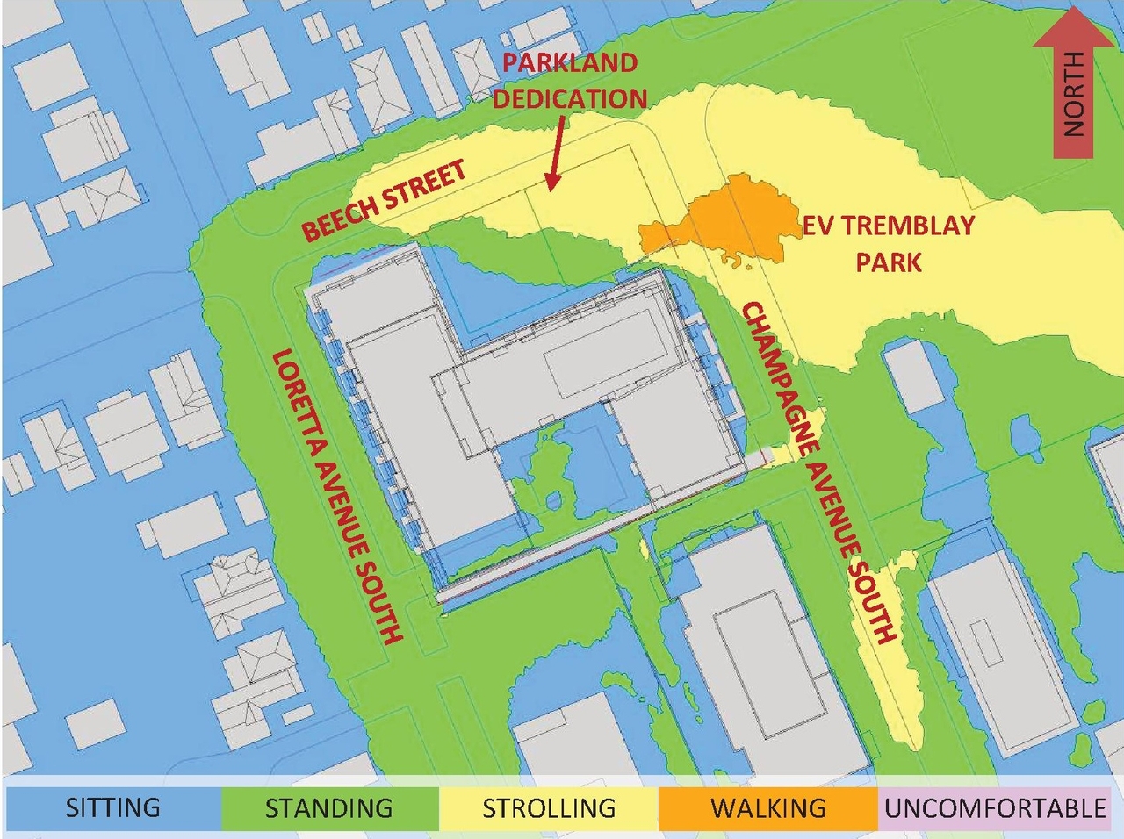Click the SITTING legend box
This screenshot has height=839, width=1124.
[x=112, y=807]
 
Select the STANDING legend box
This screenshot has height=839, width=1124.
[x=328, y=807]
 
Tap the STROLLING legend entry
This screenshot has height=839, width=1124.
[x=549, y=807]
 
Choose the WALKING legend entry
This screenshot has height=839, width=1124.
[x=767, y=807]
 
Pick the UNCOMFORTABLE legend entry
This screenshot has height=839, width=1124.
[x=994, y=807]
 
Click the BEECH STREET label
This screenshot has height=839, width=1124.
[x=384, y=201]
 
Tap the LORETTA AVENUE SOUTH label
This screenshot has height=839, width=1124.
[x=338, y=496]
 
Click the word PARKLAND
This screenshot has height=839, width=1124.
[x=570, y=63]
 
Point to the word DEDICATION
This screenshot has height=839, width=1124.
[x=570, y=98]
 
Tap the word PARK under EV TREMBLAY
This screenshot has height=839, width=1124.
[x=889, y=262]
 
